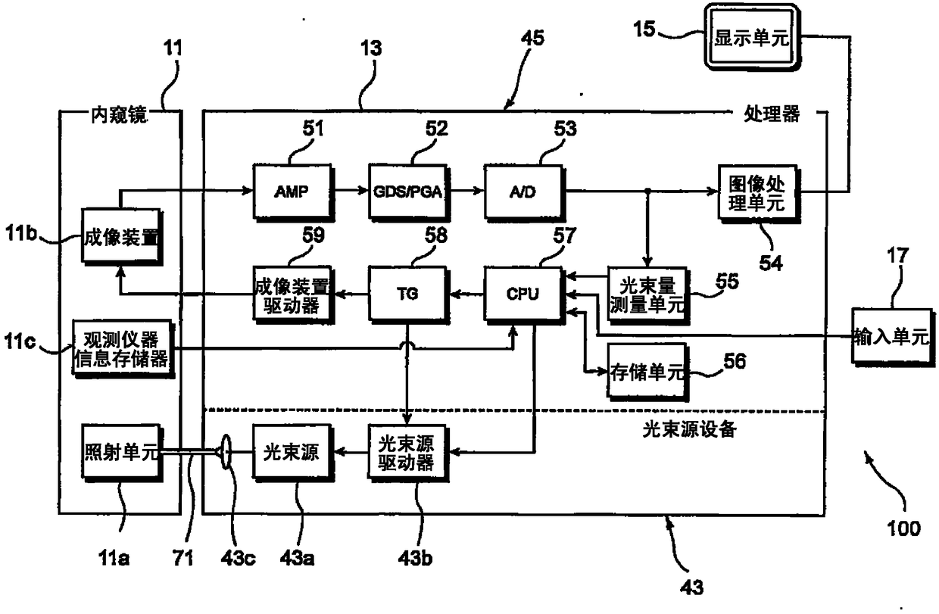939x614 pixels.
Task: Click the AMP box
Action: coord(293,192)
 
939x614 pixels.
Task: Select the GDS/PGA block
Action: coord(408,192)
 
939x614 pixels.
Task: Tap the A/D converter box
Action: coord(523,192)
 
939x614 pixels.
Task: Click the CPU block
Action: coord(523,295)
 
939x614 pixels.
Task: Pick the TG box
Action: coord(408,295)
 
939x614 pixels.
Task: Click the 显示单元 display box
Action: coord(752,37)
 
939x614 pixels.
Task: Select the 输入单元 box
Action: coord(893,337)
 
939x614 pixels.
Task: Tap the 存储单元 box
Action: coord(647,371)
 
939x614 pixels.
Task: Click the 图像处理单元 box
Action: coord(758,193)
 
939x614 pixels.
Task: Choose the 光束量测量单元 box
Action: coord(647,295)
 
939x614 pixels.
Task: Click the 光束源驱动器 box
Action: coord(408,453)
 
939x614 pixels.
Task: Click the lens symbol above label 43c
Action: coord(226,452)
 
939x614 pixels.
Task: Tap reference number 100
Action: coord(903,528)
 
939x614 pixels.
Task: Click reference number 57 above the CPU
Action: coord(564,235)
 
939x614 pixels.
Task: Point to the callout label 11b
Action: coord(21,232)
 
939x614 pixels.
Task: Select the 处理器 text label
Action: coord(772,114)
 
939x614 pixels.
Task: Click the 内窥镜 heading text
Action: coord(120,115)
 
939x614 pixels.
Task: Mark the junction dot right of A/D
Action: coord(647,192)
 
